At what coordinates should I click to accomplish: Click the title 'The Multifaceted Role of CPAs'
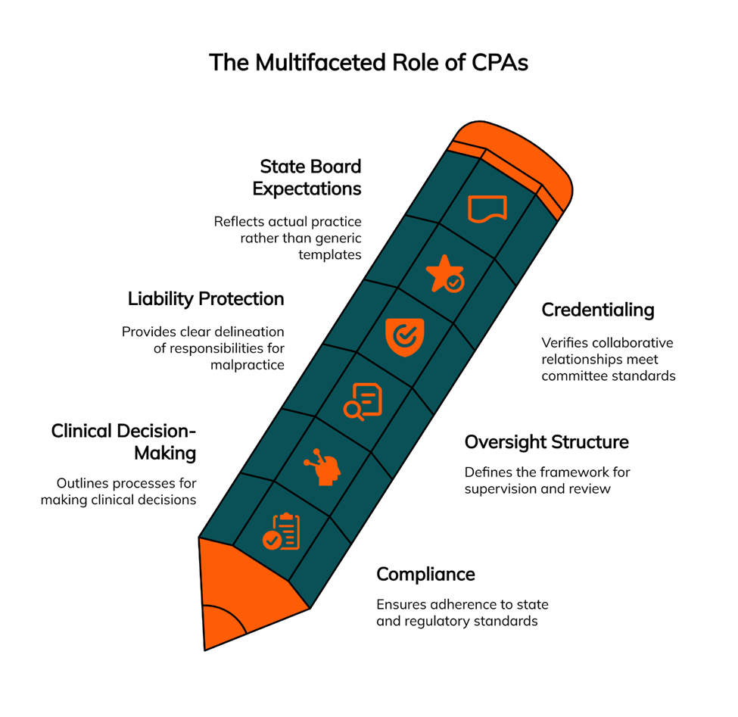[368, 62]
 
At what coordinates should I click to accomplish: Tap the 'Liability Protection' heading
[206, 299]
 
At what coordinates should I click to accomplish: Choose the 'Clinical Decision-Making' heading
[124, 442]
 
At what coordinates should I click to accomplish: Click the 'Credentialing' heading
[598, 310]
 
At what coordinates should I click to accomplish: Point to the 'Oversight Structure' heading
[546, 441]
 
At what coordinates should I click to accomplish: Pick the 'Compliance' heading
[425, 574]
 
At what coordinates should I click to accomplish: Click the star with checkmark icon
[445, 274]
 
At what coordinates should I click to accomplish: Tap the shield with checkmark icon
[404, 337]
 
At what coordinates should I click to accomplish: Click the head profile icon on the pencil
[323, 466]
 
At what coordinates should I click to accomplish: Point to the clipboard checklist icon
[282, 531]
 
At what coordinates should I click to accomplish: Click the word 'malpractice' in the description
[247, 365]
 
